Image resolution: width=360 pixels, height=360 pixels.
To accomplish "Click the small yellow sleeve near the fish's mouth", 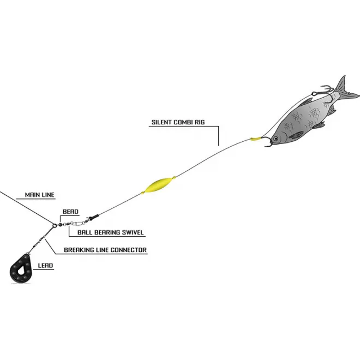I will point(254,140).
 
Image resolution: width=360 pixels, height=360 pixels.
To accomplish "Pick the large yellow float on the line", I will point(157,184).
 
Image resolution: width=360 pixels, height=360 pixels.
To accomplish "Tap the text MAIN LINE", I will point(39,195).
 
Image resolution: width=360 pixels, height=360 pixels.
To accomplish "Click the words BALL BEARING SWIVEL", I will point(107,232).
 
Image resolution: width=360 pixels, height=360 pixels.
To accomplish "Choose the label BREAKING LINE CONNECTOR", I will point(106,250).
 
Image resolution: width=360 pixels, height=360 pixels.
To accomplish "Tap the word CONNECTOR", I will point(128,250).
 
